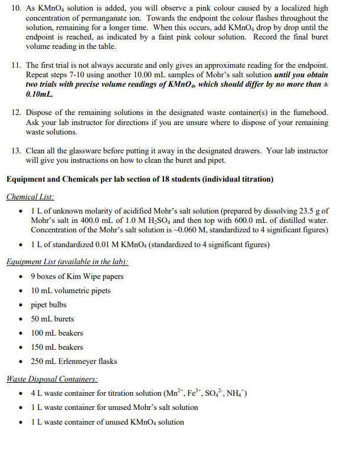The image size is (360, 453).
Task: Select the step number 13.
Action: click(16, 151)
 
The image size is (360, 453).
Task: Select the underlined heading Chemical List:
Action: click(30, 197)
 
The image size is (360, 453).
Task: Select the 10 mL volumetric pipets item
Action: click(71, 291)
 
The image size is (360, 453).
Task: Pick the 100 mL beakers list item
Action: click(57, 333)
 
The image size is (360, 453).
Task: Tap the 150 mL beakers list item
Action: click(57, 347)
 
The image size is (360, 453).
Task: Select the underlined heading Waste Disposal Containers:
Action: click(52, 379)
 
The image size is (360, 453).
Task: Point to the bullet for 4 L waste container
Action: click(22, 393)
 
